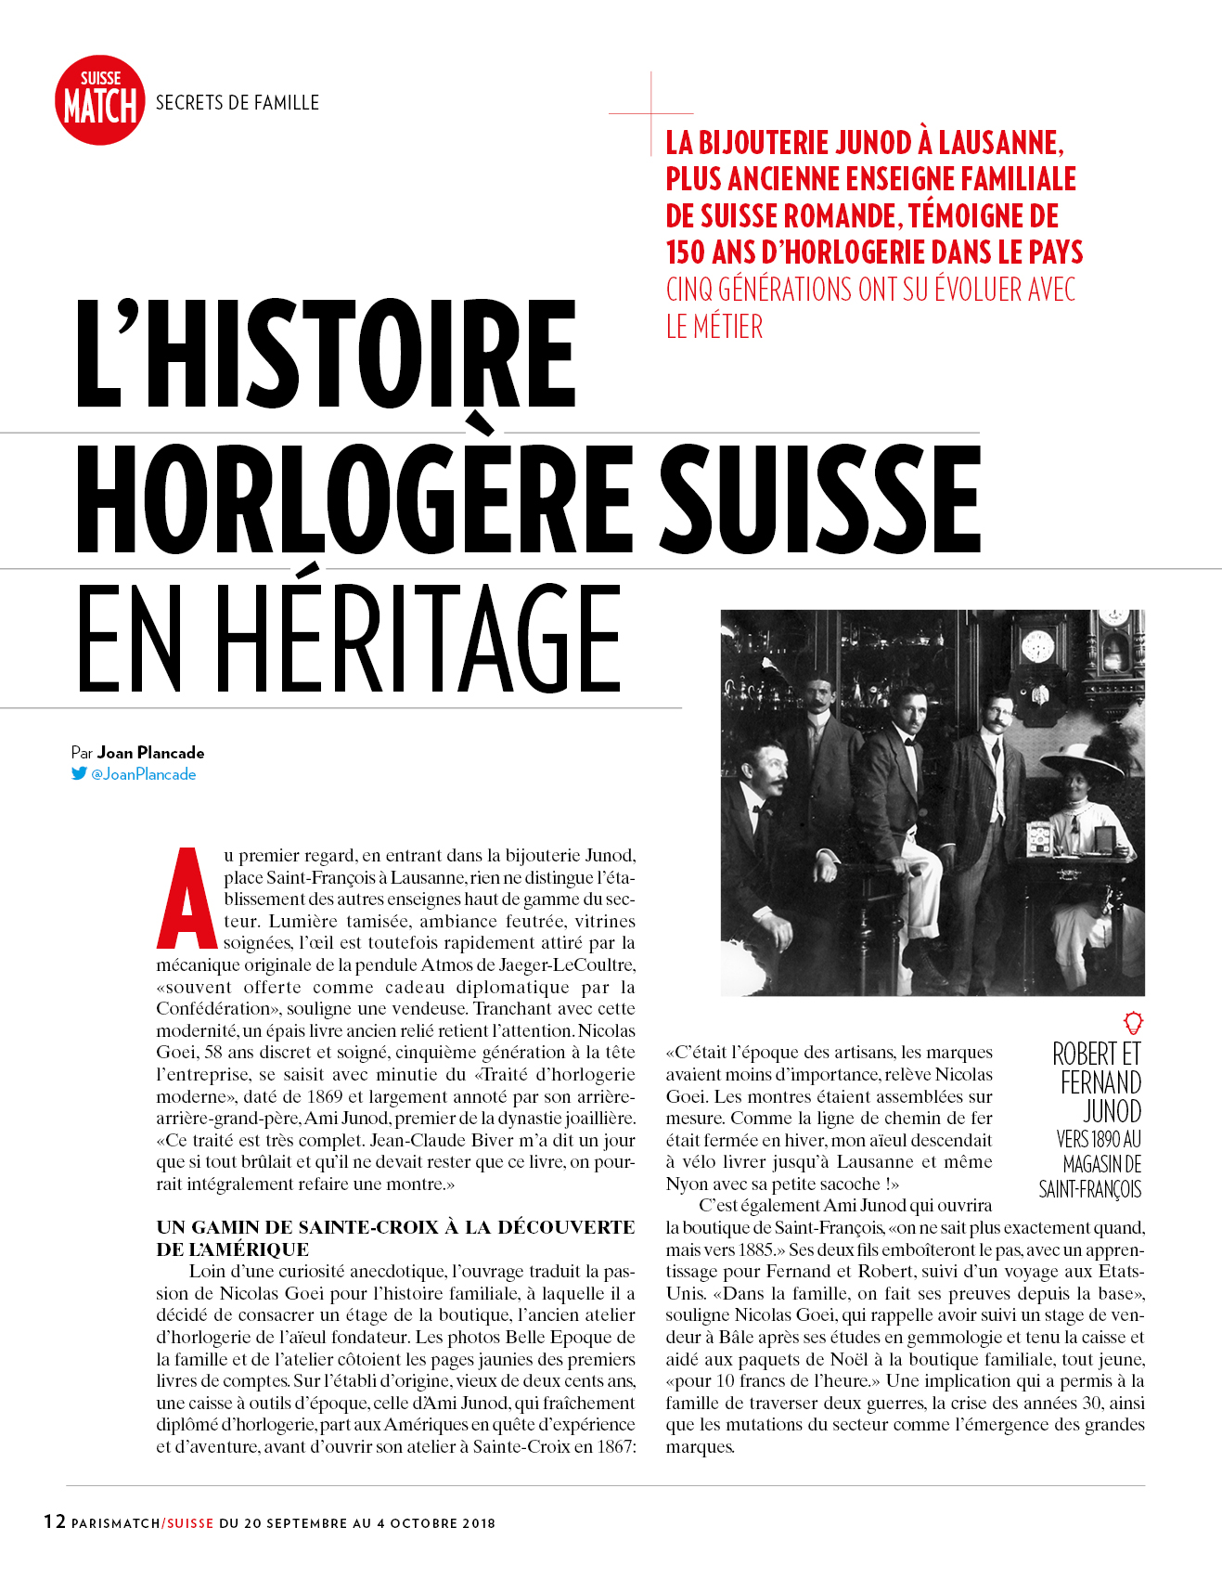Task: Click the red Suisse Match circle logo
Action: click(x=100, y=100)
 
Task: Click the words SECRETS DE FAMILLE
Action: click(x=237, y=102)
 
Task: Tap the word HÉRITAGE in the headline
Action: click(x=418, y=640)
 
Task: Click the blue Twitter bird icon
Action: click(x=79, y=773)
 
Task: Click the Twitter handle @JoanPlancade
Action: click(x=144, y=774)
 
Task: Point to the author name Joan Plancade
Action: click(x=150, y=753)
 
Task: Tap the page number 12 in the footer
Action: click(x=55, y=1521)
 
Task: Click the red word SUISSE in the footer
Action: click(x=190, y=1523)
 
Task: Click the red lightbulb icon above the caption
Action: click(x=1133, y=1023)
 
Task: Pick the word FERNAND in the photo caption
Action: click(x=1100, y=1083)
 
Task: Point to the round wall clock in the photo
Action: click(x=1037, y=645)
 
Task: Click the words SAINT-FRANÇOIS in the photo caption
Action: click(x=1089, y=1189)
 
